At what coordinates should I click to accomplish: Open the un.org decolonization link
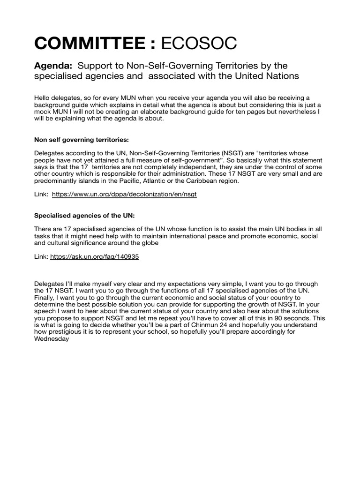point(124,194)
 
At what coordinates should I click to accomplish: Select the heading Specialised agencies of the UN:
point(78,215)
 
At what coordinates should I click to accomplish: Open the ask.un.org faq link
point(94,257)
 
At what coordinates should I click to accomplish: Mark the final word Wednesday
point(52,339)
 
